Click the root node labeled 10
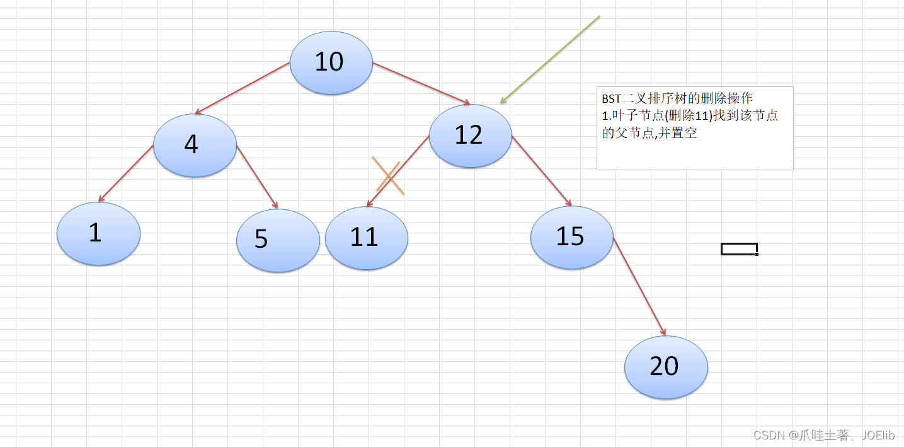(331, 62)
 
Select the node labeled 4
(195, 145)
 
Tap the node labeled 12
(470, 136)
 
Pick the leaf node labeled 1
(98, 233)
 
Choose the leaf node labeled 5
(278, 240)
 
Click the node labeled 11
(367, 238)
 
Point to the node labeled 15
(571, 237)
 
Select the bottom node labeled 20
(666, 367)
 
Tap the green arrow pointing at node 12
(550, 59)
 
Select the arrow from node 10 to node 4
(243, 88)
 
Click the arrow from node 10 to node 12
(421, 83)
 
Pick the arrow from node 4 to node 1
(126, 173)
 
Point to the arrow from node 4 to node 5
(257, 177)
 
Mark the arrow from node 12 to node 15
(542, 171)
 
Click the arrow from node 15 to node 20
(639, 286)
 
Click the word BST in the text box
(611, 99)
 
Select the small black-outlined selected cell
(739, 249)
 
